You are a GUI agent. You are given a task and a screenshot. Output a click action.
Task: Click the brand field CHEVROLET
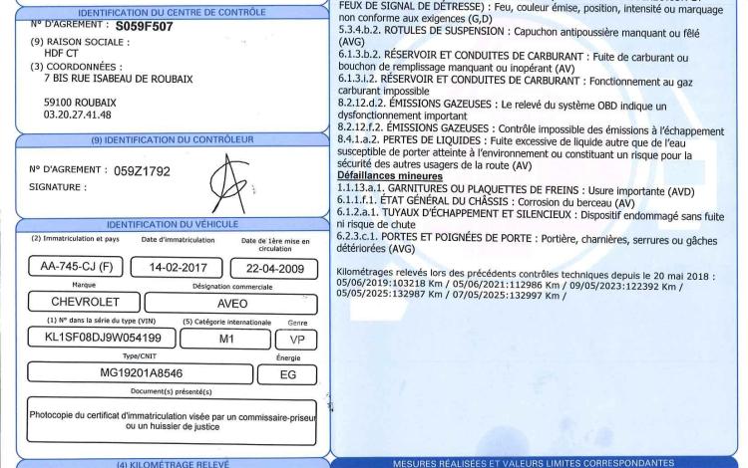click(77, 301)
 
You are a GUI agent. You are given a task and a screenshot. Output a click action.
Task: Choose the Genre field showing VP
click(296, 338)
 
